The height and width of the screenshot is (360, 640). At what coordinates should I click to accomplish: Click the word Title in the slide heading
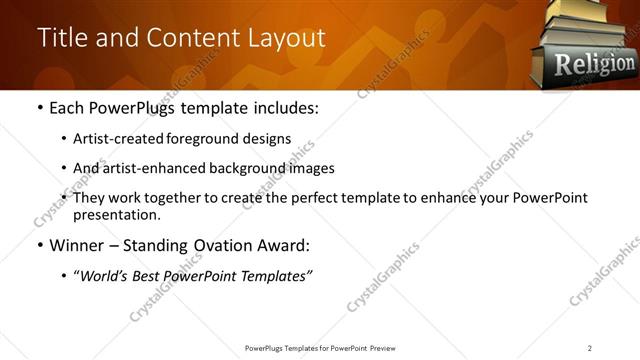61,38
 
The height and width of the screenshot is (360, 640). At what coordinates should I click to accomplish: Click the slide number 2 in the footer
590,347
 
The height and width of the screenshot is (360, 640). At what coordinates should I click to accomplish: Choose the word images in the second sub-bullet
311,168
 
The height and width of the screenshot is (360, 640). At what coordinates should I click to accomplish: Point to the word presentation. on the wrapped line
115,214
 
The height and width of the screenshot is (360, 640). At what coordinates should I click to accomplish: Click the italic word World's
107,275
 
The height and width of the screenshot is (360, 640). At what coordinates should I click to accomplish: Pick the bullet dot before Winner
39,245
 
